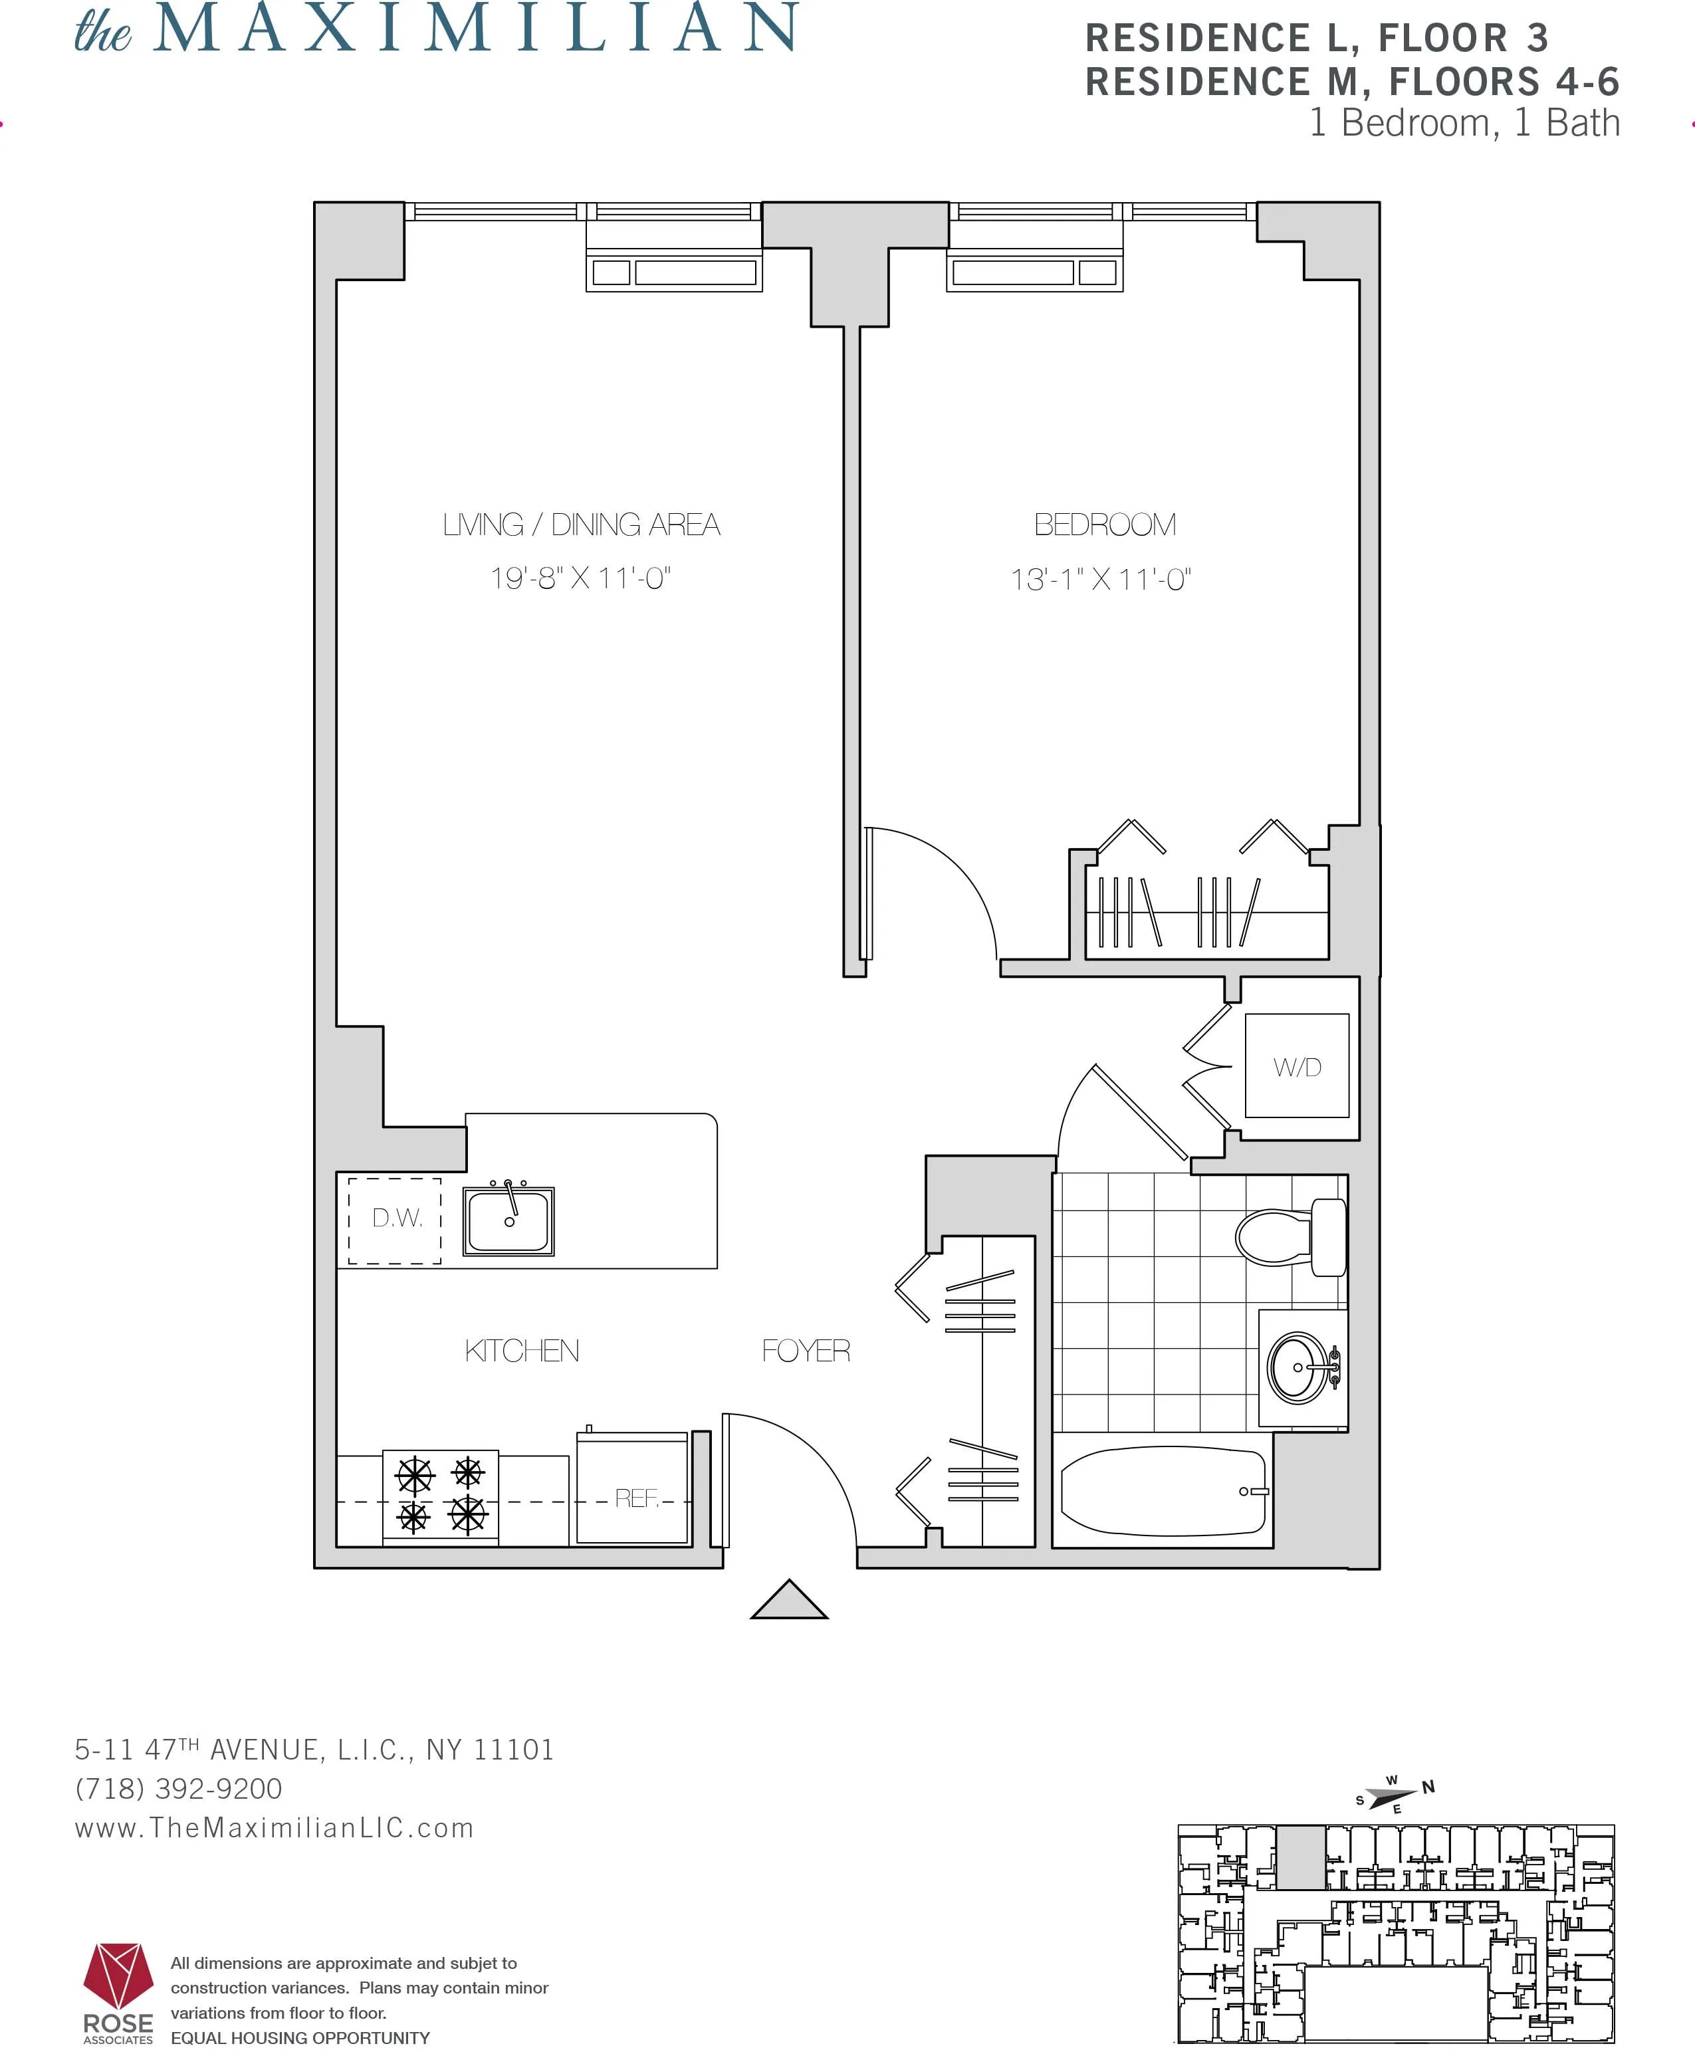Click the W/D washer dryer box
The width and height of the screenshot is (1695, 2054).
coord(1297,1066)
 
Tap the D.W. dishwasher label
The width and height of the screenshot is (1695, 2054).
coord(396,1218)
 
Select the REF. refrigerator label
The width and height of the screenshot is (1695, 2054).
coord(637,1498)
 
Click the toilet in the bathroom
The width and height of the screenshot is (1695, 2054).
coord(1289,1237)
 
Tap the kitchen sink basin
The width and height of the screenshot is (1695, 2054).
coord(508,1221)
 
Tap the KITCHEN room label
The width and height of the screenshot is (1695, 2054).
coord(521,1351)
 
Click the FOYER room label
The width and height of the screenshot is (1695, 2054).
coord(806,1351)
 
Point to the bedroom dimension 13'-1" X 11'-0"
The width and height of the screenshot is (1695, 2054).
coord(1100,580)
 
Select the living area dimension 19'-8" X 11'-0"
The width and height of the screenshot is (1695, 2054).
coord(580,579)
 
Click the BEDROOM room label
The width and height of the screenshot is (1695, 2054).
coord(1104,525)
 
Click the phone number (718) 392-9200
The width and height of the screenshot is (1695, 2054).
coord(179,1789)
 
